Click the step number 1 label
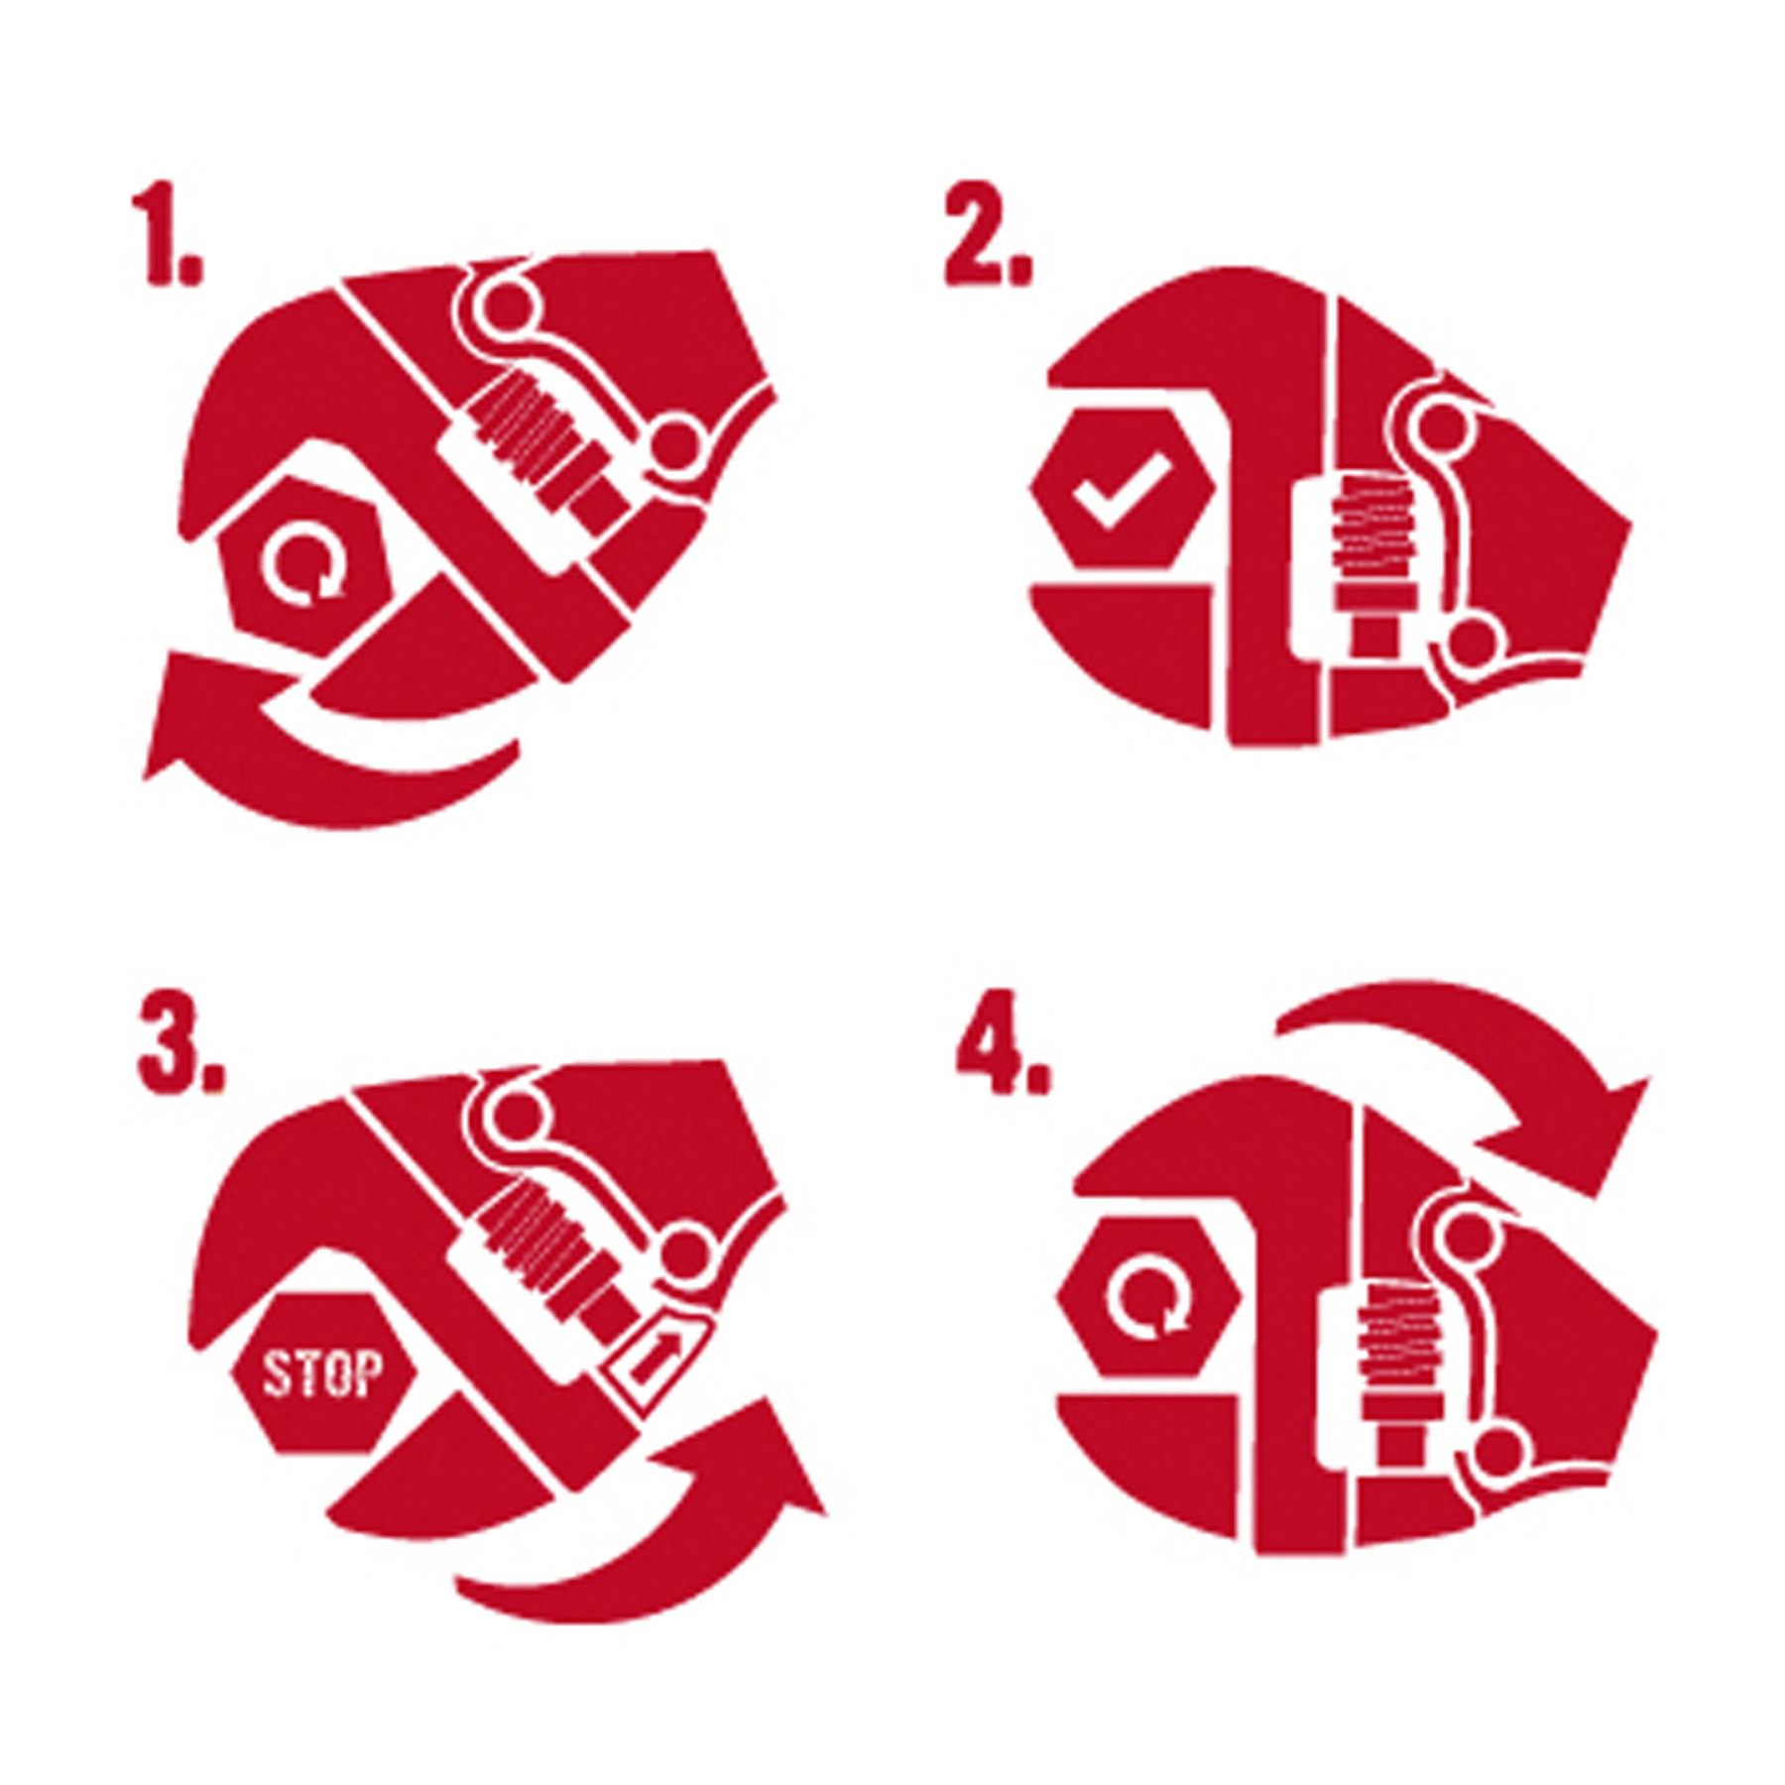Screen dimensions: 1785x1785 coord(169,241)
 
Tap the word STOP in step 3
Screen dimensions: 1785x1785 coord(319,1377)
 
